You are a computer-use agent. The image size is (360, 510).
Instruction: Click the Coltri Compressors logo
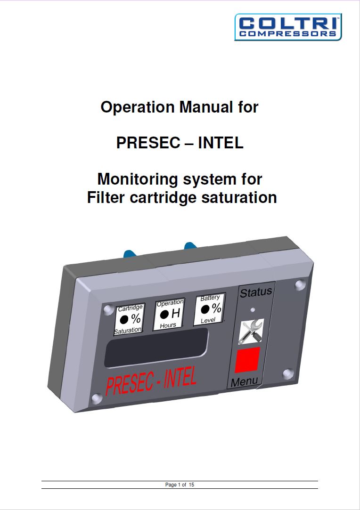click(x=288, y=27)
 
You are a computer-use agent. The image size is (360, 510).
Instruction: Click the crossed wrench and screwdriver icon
click(x=251, y=332)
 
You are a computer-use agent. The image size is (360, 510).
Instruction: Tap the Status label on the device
click(x=256, y=292)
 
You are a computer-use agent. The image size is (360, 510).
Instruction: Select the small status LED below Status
click(x=252, y=309)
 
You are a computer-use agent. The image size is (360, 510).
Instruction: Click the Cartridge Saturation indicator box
click(x=130, y=319)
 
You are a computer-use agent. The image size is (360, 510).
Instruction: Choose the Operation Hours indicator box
click(x=169, y=314)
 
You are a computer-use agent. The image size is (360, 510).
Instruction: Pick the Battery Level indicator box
click(x=209, y=309)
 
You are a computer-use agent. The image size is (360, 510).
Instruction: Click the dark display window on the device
click(x=156, y=348)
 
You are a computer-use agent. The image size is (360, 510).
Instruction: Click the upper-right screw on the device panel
click(x=300, y=285)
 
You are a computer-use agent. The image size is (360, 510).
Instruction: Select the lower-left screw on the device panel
click(x=97, y=398)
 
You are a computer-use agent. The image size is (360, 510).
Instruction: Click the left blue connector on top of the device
click(x=129, y=253)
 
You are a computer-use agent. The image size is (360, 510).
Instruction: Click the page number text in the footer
click(x=180, y=485)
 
